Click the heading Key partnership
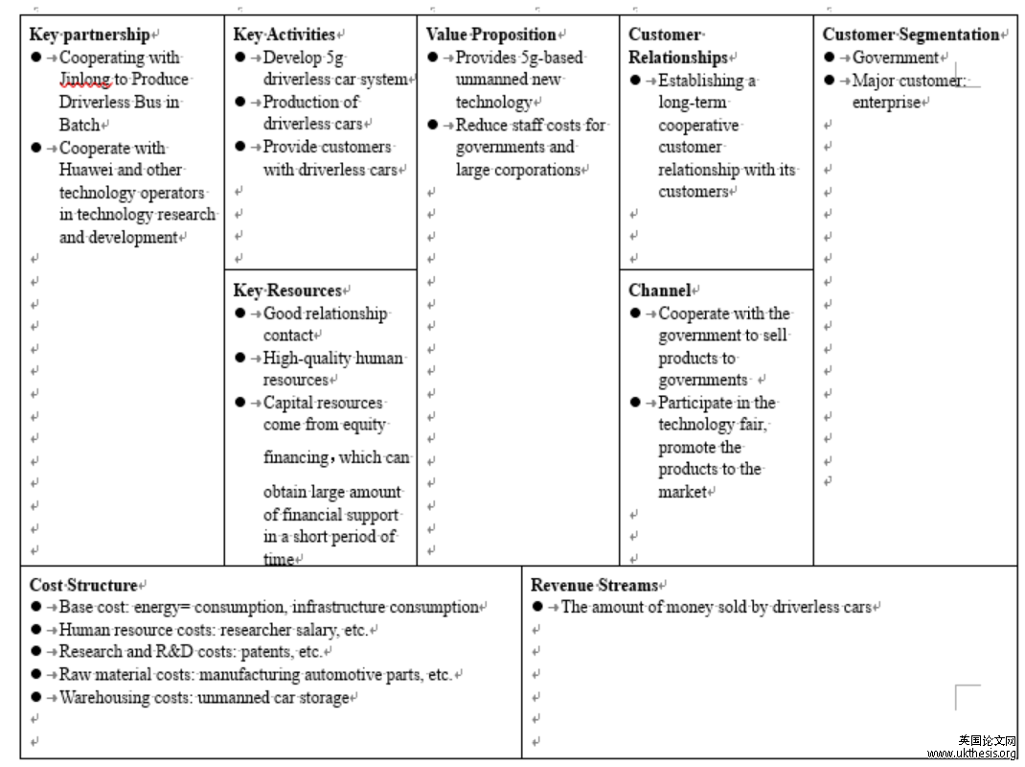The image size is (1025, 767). pos(89,35)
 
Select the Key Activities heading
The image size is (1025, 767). pos(285,35)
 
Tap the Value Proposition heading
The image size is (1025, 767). pos(490,35)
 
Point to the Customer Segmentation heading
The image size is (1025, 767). pos(910,35)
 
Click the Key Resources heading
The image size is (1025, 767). pos(287,291)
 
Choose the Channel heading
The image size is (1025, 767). pos(659,291)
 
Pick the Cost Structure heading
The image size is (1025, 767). pos(83,585)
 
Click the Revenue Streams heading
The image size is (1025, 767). pos(594,585)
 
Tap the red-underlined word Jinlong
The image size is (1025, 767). pos(84,80)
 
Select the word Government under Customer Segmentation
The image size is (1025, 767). pos(895,58)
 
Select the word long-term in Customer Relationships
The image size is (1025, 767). pos(694,103)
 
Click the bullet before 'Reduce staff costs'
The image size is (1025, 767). pos(433,125)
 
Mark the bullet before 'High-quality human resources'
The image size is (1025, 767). pos(240,358)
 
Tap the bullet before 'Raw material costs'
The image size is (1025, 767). pos(36,675)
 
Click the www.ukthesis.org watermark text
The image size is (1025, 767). pos(971,754)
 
